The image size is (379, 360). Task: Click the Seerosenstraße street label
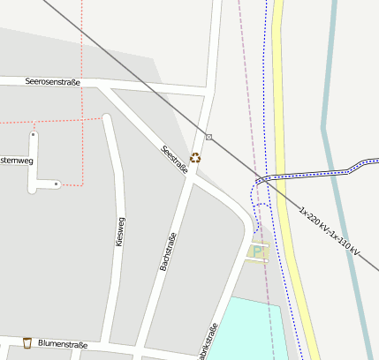point(53,83)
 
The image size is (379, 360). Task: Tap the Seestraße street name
point(174,159)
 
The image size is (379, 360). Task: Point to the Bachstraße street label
point(167,250)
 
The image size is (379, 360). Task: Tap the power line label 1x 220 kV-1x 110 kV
point(330,233)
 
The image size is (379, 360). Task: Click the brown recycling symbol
point(195,158)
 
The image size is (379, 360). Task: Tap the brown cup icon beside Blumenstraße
point(27,342)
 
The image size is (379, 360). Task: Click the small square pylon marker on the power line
point(209,137)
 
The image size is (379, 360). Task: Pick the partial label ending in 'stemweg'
point(16,160)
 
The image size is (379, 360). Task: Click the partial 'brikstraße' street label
point(208,342)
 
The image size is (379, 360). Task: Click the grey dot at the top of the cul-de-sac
point(34,135)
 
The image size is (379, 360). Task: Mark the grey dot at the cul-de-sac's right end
point(57,184)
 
